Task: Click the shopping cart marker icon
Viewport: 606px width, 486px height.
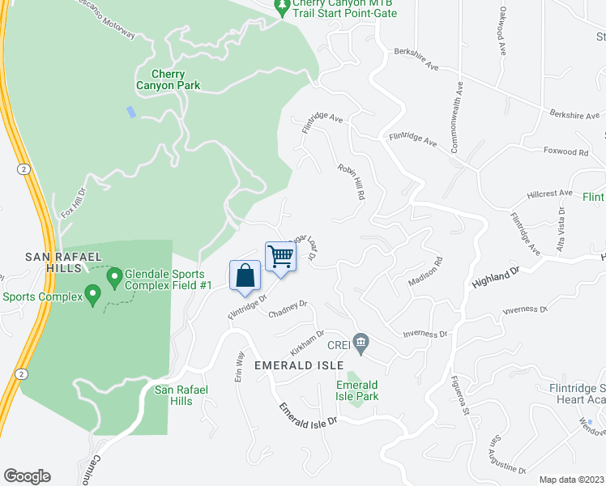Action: [x=280, y=257]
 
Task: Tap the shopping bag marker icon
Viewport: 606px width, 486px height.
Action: [x=245, y=275]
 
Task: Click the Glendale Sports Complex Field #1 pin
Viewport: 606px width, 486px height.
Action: [x=115, y=279]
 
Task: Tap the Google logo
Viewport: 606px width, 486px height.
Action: [x=27, y=476]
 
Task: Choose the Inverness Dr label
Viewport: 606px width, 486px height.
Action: [x=425, y=334]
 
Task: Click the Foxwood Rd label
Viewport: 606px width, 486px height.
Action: [x=565, y=151]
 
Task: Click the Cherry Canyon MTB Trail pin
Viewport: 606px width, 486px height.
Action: [x=282, y=8]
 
